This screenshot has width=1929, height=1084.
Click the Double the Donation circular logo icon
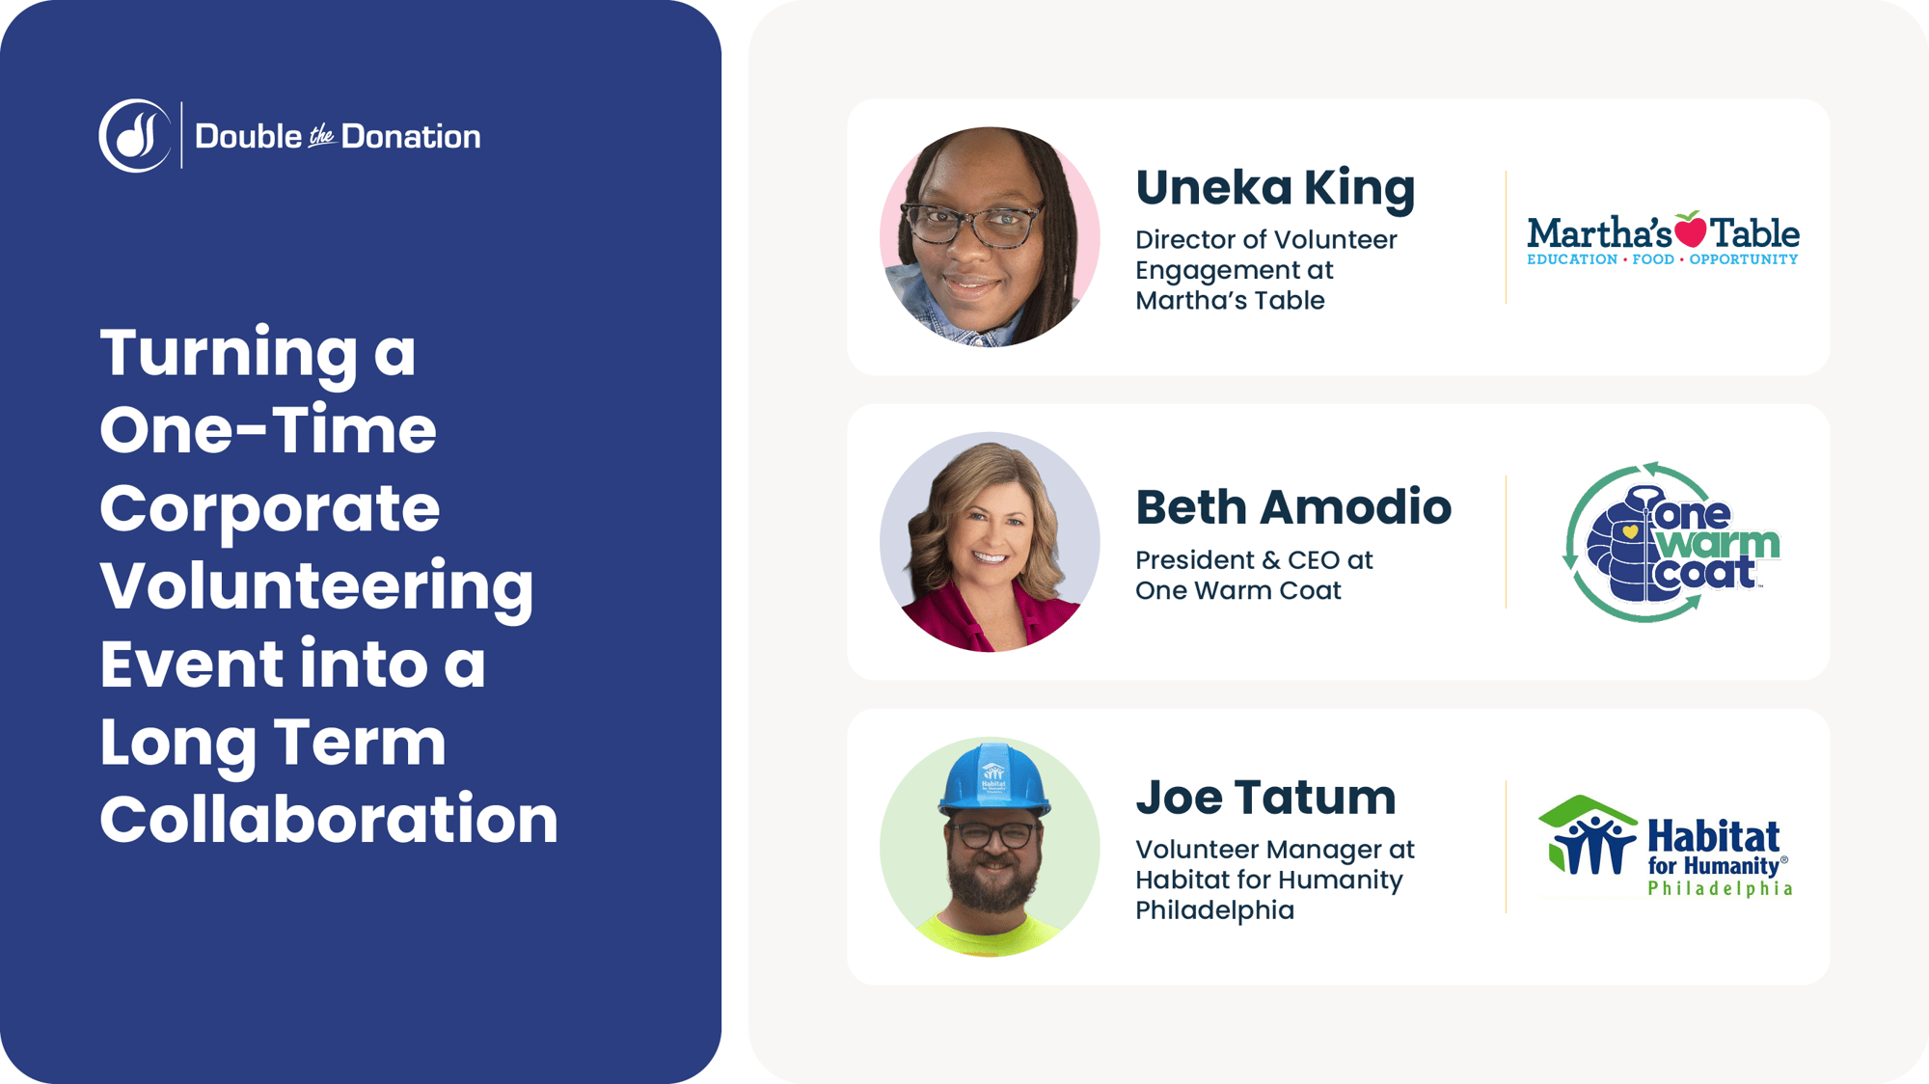135,136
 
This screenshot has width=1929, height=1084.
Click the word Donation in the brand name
411,137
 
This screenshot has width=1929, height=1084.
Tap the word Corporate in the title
269,508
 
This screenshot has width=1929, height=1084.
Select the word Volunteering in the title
316,586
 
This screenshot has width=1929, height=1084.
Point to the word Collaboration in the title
329,820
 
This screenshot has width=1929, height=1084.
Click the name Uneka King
1275,188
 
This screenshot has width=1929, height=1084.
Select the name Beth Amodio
1293,507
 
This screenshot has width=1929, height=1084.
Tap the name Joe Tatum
1265,798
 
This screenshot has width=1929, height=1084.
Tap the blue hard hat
994,778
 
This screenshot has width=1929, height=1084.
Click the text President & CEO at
1254,560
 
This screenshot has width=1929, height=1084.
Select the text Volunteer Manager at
1274,850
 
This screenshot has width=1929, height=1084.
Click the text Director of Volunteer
1265,240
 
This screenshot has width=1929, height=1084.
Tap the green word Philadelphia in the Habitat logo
1720,888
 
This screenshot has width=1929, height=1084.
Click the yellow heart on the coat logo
1630,531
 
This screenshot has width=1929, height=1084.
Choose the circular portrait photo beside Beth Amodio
990,542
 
